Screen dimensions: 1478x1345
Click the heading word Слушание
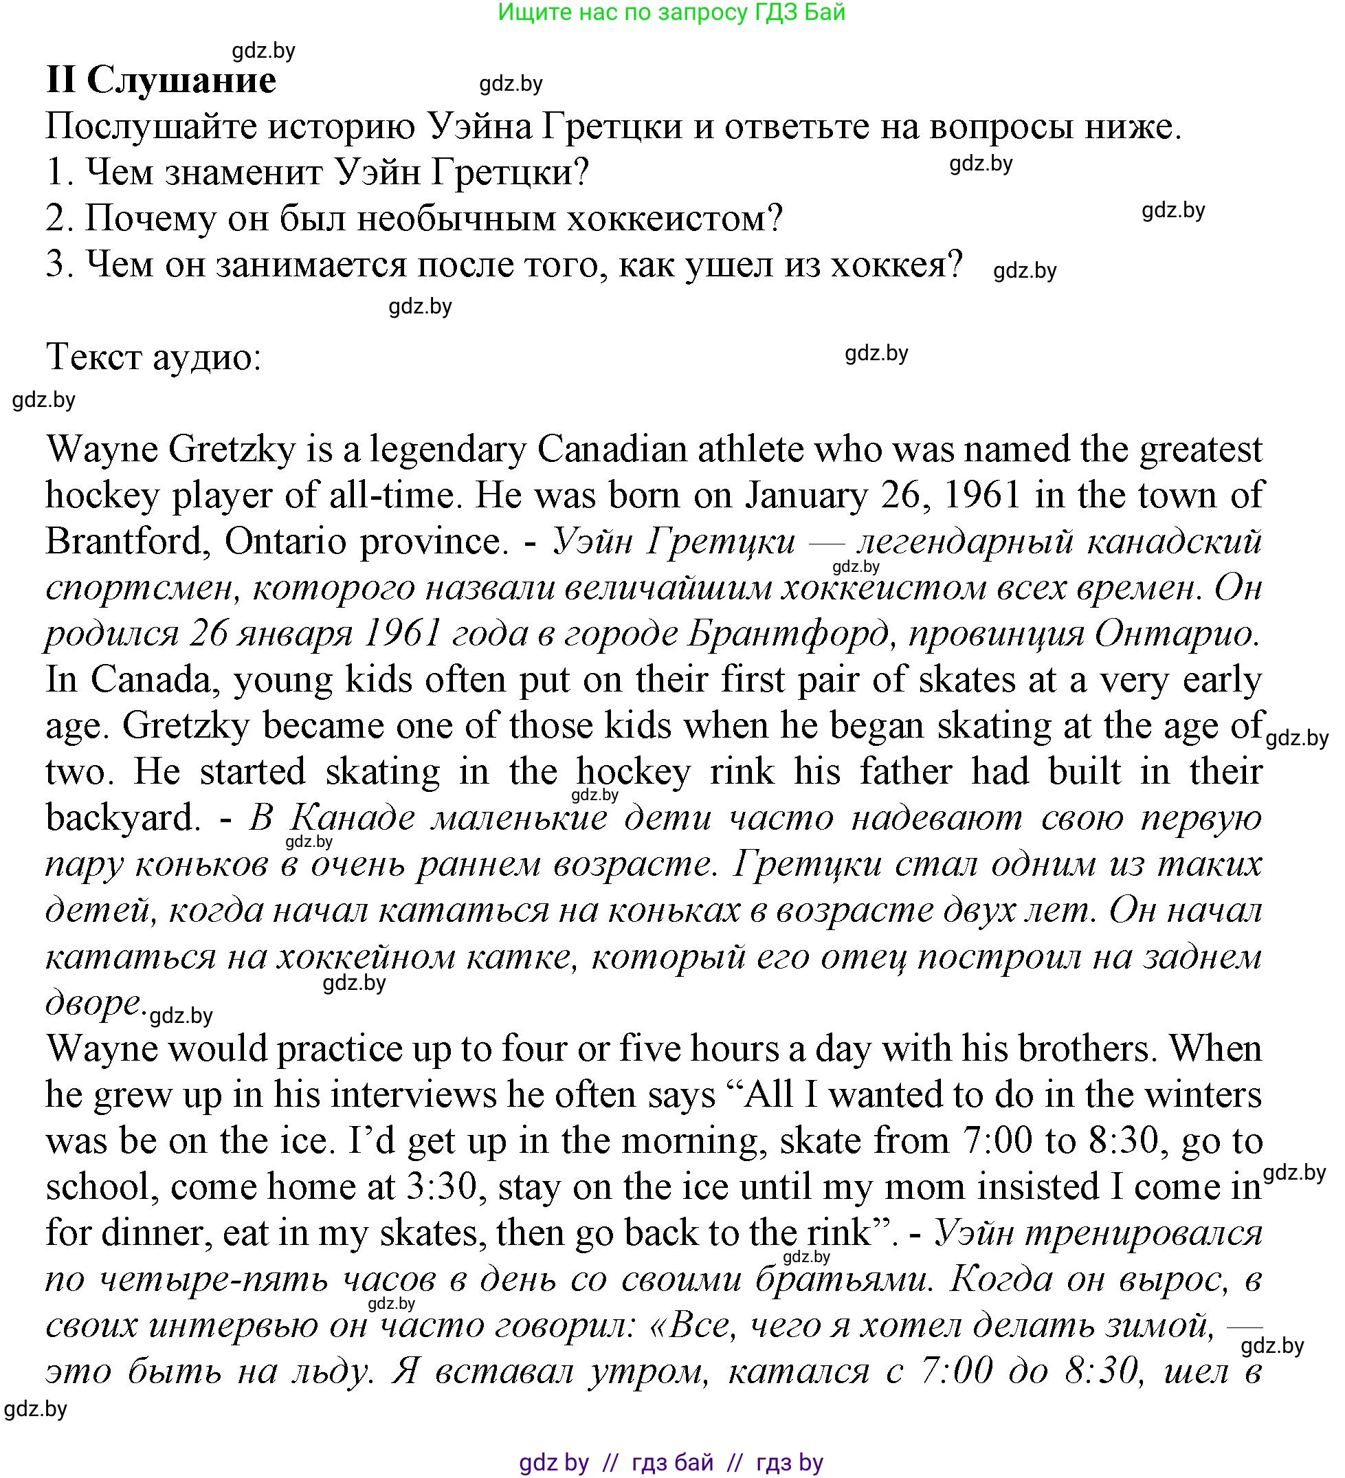pyautogui.click(x=181, y=80)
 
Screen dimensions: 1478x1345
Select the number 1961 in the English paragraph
pyautogui.click(x=982, y=496)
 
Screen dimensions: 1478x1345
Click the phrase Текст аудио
pyautogui.click(x=153, y=357)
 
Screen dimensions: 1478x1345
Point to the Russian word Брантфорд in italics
pyautogui.click(x=787, y=634)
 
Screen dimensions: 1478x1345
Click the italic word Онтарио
pyautogui.click(x=1176, y=634)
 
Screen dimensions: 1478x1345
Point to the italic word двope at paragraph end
pyautogui.click(x=92, y=1003)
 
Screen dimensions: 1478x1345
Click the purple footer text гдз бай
pyautogui.click(x=672, y=1464)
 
